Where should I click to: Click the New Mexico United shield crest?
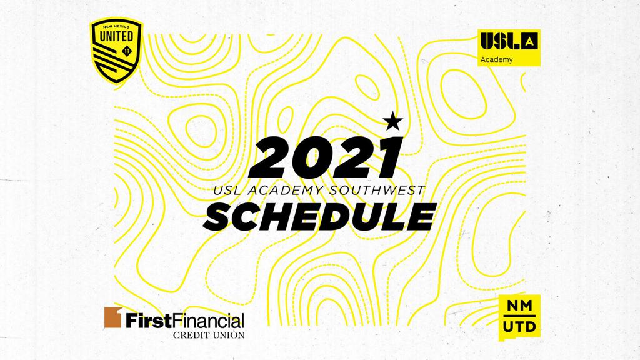tap(116, 51)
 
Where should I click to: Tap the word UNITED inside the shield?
tap(116, 36)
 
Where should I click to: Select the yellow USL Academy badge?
tap(509, 47)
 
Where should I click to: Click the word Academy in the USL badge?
tap(496, 59)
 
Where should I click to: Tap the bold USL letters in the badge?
tap(501, 41)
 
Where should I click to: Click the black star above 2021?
tap(392, 121)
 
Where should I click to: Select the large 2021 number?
tap(325, 157)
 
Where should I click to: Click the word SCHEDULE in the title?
tap(320, 216)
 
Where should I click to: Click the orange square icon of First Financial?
tap(113, 317)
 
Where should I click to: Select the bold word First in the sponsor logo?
tap(147, 321)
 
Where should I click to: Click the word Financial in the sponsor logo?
tap(207, 321)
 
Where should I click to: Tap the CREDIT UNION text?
tap(209, 335)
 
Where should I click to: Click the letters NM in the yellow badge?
tap(519, 306)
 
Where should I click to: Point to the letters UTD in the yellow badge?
tap(519, 326)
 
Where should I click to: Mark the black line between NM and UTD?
tap(519, 316)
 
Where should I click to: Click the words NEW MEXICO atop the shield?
tap(116, 26)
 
